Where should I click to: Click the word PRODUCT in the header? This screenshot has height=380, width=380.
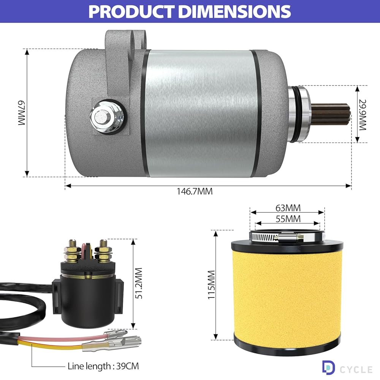click(131, 11)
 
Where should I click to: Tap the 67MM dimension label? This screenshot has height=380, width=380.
click(22, 113)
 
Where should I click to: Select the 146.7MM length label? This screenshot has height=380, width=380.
click(195, 192)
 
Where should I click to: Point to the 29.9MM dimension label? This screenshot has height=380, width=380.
click(363, 115)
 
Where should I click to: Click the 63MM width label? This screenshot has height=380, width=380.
click(288, 208)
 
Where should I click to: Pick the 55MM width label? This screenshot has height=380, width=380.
click(288, 219)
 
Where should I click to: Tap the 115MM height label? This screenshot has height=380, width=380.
click(212, 285)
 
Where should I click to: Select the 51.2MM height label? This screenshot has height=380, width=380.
click(139, 283)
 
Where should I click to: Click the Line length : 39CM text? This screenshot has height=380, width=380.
click(103, 366)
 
